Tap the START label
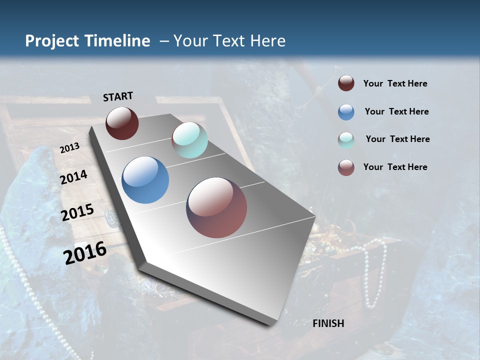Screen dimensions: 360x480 118,96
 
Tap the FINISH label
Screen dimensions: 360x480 328,323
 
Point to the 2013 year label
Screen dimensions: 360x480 69,148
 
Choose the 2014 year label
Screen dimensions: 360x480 74,177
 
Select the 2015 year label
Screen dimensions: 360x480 77,212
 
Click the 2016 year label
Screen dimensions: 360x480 85,252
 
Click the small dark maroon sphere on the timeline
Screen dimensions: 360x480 122,123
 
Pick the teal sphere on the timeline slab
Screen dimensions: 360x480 189,140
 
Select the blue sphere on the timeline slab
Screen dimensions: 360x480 145,180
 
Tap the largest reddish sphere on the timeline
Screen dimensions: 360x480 216,207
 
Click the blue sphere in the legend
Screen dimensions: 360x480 346,112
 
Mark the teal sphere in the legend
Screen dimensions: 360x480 346,140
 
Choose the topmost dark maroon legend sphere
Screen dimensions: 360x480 346,83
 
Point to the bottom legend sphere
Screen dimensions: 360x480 346,167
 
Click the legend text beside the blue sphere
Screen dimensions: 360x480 396,111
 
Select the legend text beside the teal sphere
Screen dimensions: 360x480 397,139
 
